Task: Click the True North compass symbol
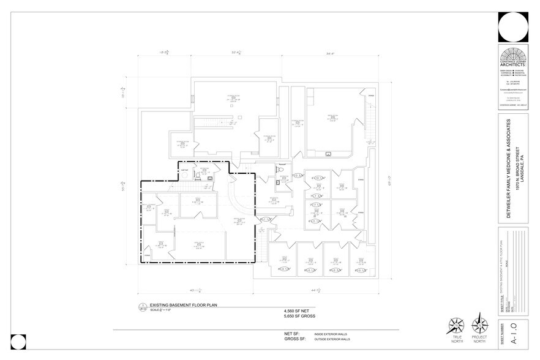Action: (455, 325)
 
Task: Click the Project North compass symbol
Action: (479, 324)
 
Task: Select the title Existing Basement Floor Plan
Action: (183, 304)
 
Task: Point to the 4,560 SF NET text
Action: (295, 311)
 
